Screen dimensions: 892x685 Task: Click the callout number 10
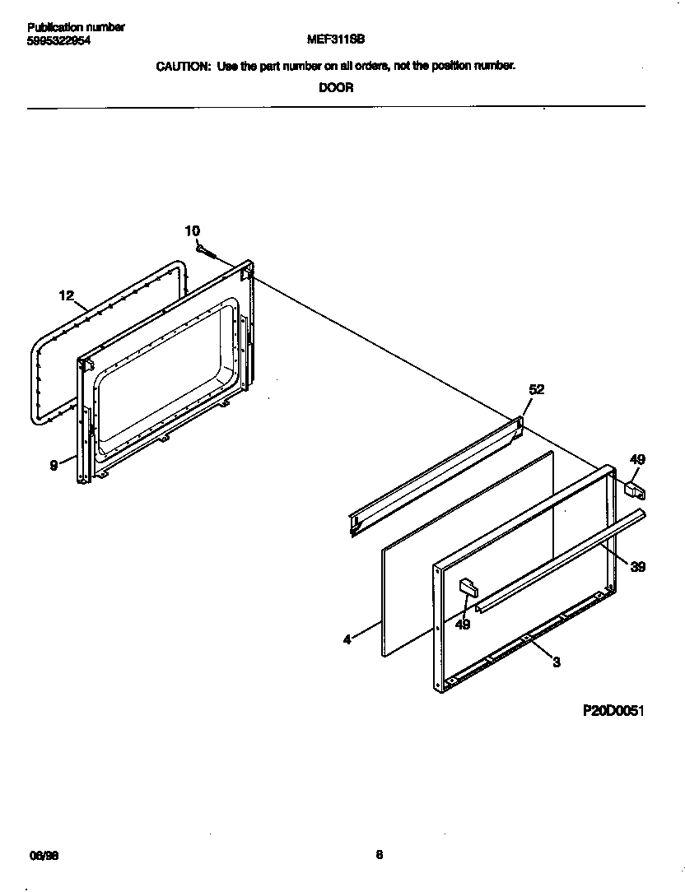pos(192,231)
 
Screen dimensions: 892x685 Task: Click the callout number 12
pos(67,295)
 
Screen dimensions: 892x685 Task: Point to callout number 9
pos(54,465)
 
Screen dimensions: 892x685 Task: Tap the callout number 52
pos(536,390)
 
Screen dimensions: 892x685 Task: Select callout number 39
pos(638,566)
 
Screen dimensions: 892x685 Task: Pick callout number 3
pos(557,662)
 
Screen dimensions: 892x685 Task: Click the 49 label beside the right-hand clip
pos(637,459)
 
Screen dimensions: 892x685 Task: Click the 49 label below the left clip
pos(463,625)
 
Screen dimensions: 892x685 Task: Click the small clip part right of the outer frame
pos(635,490)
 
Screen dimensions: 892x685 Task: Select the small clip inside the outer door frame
pos(468,586)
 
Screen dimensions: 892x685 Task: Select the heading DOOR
pos(336,88)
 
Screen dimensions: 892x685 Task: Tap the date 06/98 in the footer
pos(44,856)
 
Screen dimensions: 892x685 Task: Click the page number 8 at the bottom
pos(380,855)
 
